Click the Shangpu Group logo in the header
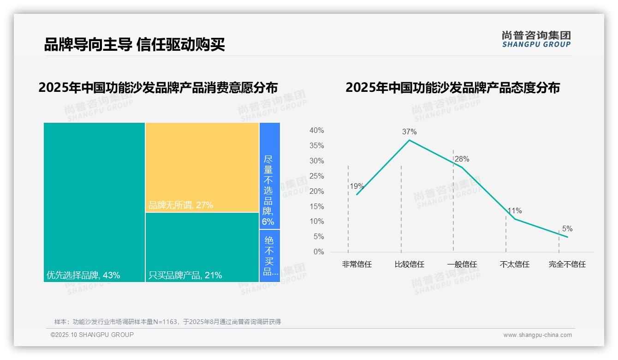tap(536, 39)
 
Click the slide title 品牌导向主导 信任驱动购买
tap(134, 45)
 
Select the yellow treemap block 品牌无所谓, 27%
tap(202, 167)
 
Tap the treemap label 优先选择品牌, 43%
tap(83, 276)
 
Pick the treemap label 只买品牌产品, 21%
tap(185, 276)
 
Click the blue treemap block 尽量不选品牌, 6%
tap(269, 175)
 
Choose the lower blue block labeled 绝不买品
tap(269, 256)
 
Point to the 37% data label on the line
tap(409, 132)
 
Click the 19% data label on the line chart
tap(357, 186)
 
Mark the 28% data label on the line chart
tap(462, 159)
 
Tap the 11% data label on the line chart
tap(515, 211)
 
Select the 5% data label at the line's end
tap(567, 229)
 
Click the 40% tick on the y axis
tap(316, 131)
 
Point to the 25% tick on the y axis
tap(316, 176)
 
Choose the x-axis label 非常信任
tap(357, 264)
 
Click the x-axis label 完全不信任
tap(567, 264)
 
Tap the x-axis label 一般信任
tap(462, 264)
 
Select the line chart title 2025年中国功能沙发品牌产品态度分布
tap(452, 88)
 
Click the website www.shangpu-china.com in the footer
tap(537, 335)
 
